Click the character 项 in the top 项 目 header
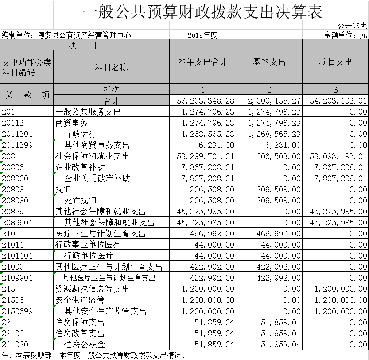tap(72, 45)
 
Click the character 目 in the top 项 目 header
tap(98, 45)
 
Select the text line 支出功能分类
tap(27, 62)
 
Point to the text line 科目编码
tap(19, 72)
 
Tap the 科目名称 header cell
tap(111, 67)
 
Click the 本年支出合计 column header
tap(202, 62)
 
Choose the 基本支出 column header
tap(269, 62)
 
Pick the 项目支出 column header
tap(335, 62)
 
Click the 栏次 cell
tap(111, 89)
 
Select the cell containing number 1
tap(202, 89)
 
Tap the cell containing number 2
tap(269, 89)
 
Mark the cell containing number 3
tap(335, 89)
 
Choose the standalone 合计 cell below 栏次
tap(111, 101)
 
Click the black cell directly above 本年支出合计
tap(202, 35)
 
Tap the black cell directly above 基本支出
tap(269, 35)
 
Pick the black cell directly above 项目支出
tap(335, 35)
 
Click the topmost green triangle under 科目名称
tap(54, 140)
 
